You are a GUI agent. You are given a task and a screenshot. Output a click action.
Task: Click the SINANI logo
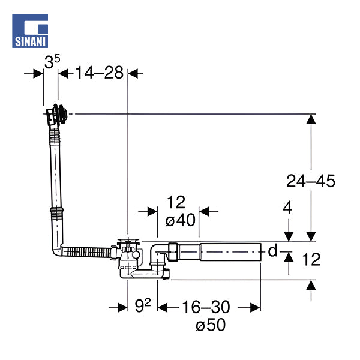pyautogui.click(x=30, y=31)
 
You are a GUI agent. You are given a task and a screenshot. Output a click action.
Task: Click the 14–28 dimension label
pyautogui.click(x=100, y=73)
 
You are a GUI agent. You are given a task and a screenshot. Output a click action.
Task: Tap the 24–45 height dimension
pyautogui.click(x=311, y=181)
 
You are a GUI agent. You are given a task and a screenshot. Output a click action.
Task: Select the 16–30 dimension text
pyautogui.click(x=206, y=307)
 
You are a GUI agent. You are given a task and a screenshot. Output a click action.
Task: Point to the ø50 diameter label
pyautogui.click(x=211, y=325)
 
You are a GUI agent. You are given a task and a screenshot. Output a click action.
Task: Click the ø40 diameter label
pyautogui.click(x=181, y=220)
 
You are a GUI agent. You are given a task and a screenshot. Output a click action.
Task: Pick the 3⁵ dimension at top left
pyautogui.click(x=52, y=61)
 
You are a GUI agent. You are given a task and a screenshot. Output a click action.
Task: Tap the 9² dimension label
pyautogui.click(x=143, y=305)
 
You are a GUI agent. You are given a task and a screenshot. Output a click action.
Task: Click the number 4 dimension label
pyautogui.click(x=287, y=208)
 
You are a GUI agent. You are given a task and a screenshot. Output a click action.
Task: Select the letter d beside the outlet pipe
pyautogui.click(x=272, y=250)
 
